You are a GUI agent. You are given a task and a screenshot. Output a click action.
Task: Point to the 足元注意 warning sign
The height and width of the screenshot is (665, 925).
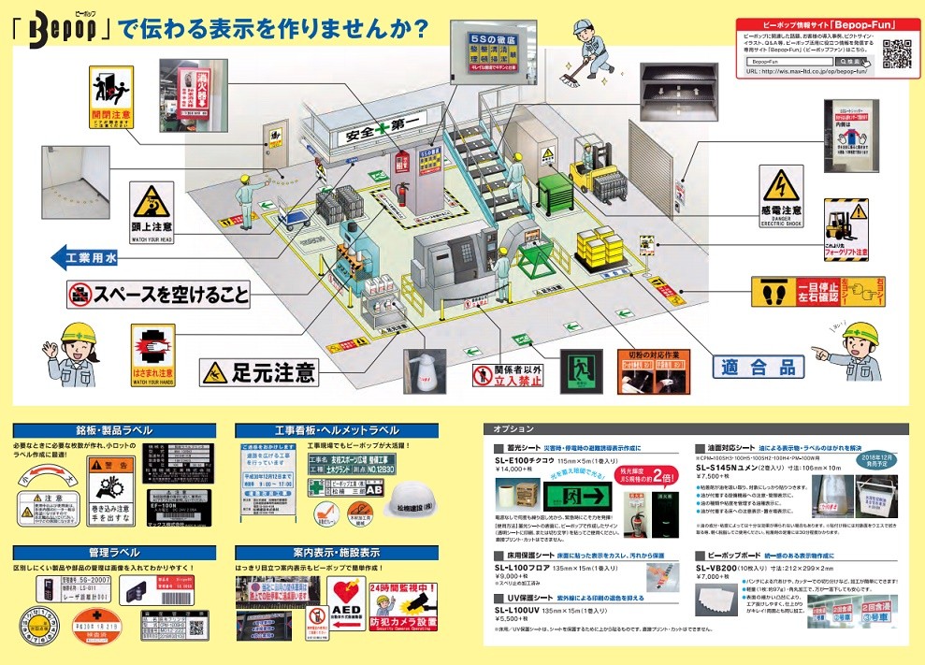pyautogui.click(x=259, y=372)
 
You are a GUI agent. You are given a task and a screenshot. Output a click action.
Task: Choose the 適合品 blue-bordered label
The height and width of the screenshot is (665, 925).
pyautogui.click(x=757, y=367)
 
